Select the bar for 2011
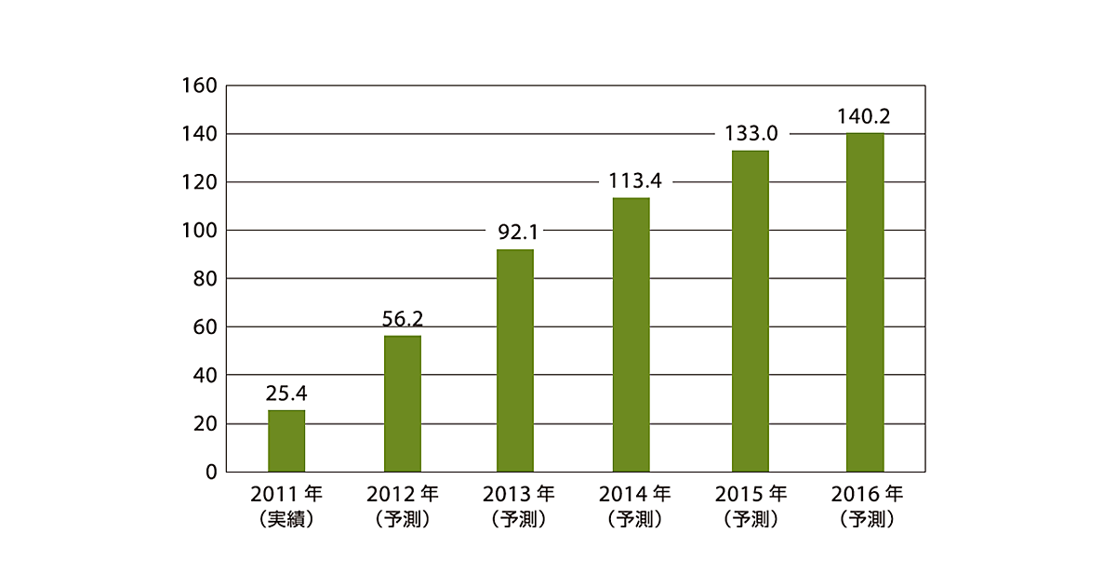click(286, 441)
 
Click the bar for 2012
click(403, 404)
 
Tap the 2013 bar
click(515, 361)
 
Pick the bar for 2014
click(631, 335)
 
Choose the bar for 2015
click(751, 311)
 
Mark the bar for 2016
click(865, 302)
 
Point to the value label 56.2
click(403, 319)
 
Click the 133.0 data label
click(751, 134)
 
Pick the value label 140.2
click(865, 116)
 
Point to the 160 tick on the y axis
click(200, 86)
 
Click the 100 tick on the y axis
click(200, 231)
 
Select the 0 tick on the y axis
click(211, 472)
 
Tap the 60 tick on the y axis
click(205, 327)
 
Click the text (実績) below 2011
click(286, 520)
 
